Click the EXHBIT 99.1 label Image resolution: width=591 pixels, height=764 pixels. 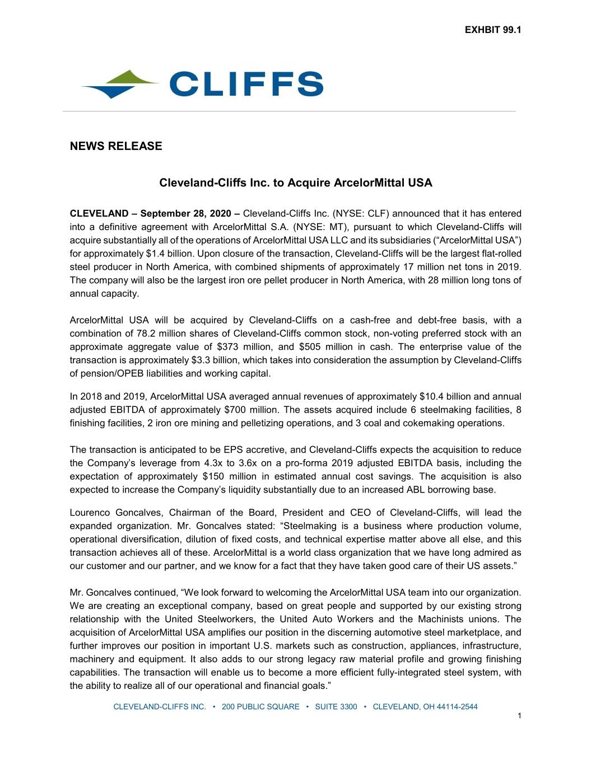click(x=493, y=30)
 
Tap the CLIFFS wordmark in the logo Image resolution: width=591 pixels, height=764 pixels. click(x=246, y=84)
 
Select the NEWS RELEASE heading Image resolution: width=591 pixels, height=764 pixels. click(x=116, y=146)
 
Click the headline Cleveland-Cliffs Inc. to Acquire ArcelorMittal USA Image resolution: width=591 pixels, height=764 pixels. click(x=296, y=183)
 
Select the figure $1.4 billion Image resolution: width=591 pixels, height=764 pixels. click(x=166, y=254)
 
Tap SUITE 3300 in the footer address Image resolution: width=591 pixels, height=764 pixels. click(x=336, y=707)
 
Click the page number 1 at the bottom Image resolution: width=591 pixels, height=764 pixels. click(x=519, y=716)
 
